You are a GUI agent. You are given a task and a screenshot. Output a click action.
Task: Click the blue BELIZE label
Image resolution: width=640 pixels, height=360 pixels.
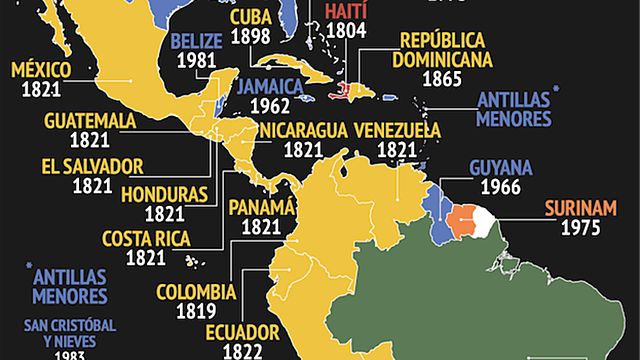197,41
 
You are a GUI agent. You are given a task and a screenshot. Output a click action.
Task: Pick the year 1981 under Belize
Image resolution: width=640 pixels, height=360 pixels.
197,61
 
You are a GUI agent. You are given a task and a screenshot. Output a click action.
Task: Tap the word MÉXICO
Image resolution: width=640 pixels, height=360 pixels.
39,70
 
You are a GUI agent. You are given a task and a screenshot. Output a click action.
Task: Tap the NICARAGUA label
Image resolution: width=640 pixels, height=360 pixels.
303,130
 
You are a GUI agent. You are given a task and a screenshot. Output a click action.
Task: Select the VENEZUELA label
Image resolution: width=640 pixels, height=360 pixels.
397,130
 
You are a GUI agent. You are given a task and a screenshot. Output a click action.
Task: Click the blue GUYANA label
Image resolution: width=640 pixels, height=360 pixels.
499,167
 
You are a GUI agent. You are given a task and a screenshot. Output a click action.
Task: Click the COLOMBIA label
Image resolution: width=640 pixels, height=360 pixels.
196,293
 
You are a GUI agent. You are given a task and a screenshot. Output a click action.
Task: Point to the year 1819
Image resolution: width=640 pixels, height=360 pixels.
196,313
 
